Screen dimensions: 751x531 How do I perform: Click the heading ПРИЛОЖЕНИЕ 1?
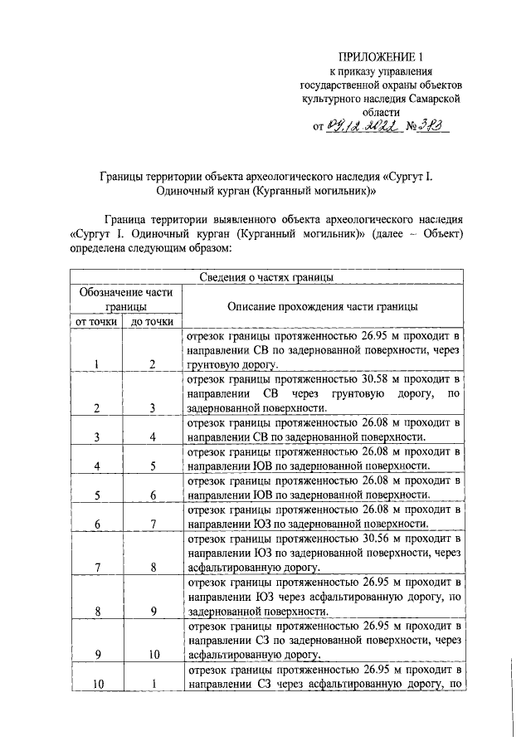(x=382, y=56)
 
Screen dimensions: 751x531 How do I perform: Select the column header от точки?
(x=95, y=322)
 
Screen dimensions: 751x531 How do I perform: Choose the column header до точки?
(x=153, y=322)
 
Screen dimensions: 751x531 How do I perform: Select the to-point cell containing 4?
(x=153, y=436)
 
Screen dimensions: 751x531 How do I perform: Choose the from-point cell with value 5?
(x=97, y=495)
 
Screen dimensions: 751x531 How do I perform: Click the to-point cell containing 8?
(x=153, y=568)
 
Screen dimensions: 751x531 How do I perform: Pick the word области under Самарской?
(x=381, y=111)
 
